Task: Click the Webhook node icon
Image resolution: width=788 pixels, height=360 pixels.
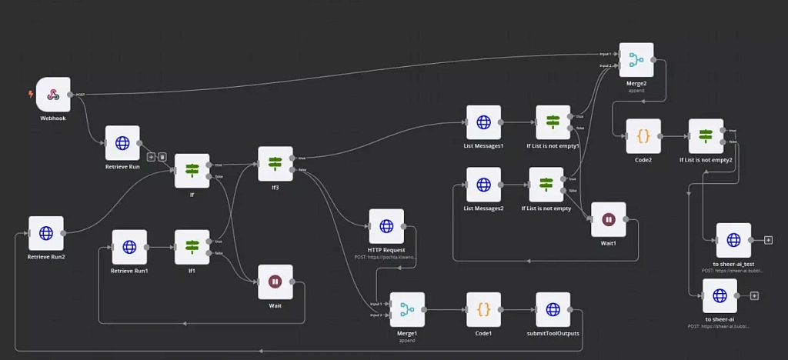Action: click(53, 95)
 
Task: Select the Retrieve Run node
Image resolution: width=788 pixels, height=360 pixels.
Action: click(122, 143)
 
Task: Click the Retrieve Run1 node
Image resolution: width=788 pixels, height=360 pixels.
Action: click(129, 247)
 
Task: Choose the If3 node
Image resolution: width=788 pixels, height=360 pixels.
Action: click(275, 164)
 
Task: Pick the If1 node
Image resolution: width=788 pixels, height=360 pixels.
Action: click(192, 247)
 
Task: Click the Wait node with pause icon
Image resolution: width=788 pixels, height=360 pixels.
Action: click(275, 282)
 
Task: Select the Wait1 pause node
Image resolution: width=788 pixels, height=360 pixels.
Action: click(608, 220)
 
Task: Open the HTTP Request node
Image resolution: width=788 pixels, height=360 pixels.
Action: click(386, 226)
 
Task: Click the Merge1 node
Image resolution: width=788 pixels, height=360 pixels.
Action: click(407, 309)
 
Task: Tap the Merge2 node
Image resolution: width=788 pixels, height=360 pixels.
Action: click(636, 60)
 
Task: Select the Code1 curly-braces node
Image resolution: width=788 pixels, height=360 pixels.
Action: click(483, 309)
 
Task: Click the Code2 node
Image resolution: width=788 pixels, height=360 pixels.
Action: click(643, 136)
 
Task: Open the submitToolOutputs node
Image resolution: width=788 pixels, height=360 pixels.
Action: click(553, 309)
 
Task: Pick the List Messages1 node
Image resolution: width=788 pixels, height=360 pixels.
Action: click(483, 122)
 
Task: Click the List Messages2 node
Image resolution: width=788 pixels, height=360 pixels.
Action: click(483, 185)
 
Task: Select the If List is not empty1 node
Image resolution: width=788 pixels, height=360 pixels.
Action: click(553, 122)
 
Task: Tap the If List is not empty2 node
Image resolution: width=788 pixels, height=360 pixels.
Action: click(706, 136)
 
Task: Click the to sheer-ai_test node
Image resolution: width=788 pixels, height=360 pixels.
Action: click(733, 240)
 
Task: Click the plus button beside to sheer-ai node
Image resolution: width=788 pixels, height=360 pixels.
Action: click(754, 296)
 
